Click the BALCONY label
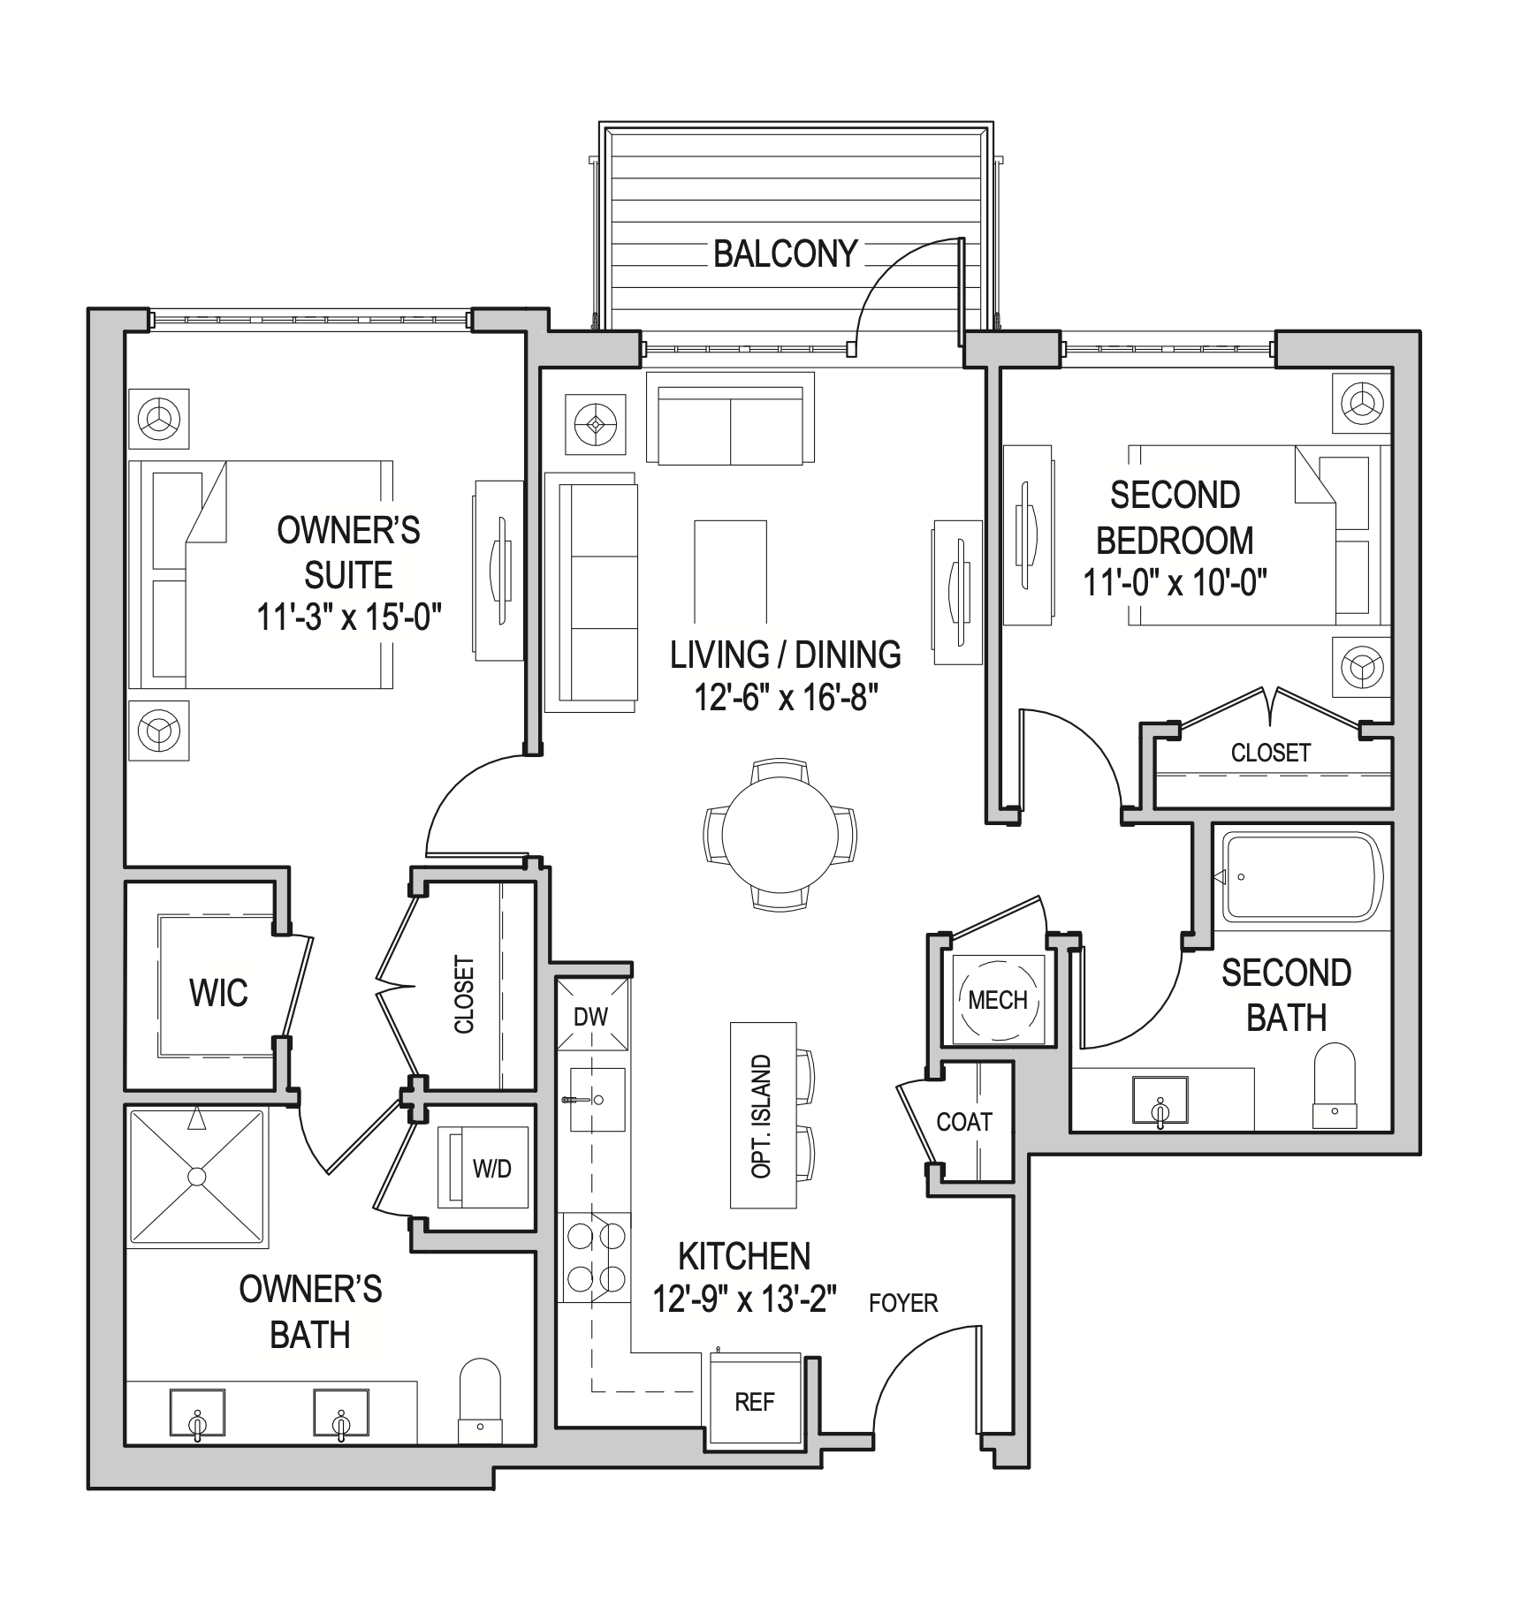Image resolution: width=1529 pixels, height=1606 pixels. click(785, 254)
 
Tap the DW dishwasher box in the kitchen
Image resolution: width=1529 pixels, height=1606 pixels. click(591, 1015)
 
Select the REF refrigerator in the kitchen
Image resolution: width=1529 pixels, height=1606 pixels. click(754, 1402)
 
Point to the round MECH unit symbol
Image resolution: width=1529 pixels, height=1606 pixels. click(998, 1000)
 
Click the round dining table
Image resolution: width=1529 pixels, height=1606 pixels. click(780, 835)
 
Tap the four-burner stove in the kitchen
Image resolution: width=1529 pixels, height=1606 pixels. click(596, 1256)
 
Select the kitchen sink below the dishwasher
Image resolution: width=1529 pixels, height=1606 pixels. click(597, 1100)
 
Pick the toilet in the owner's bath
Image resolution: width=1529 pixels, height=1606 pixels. click(480, 1398)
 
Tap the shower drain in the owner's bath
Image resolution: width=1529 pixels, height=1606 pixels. click(197, 1177)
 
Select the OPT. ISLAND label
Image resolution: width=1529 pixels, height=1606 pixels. click(761, 1115)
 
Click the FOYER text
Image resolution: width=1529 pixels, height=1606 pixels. click(902, 1303)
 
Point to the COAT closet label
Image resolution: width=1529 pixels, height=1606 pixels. click(964, 1122)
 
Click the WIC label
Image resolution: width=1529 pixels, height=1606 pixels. click(218, 993)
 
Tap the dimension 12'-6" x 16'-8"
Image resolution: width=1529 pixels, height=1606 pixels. click(785, 699)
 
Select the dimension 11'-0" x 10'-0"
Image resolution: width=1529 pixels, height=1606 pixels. click(1175, 583)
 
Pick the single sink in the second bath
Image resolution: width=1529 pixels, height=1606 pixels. click(1160, 1101)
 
